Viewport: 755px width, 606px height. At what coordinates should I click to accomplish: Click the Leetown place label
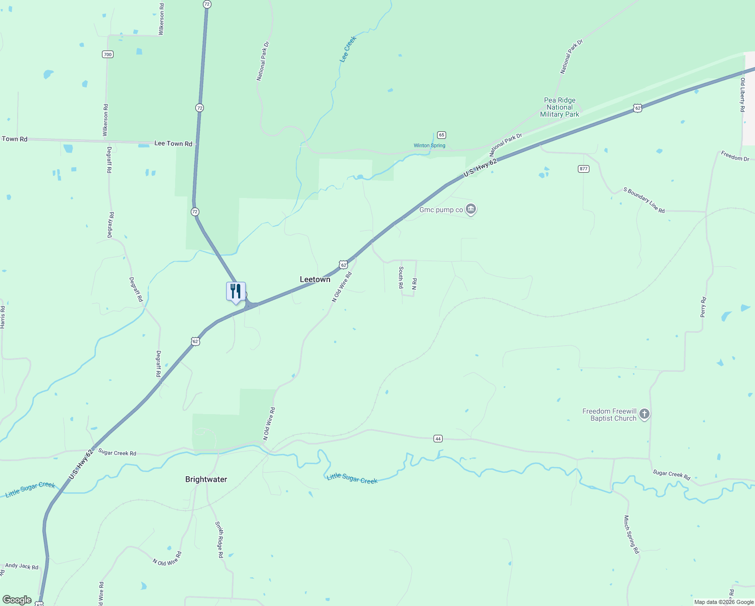click(315, 279)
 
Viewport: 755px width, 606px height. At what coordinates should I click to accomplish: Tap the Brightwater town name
click(206, 479)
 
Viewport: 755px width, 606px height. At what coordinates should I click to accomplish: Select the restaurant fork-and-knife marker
click(236, 292)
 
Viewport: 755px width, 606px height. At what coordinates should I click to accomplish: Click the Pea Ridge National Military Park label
click(560, 107)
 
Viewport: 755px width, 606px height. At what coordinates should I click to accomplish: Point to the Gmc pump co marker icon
click(471, 209)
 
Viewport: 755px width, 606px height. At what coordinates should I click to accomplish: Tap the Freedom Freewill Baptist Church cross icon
click(644, 415)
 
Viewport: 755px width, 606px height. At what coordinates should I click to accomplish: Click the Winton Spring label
click(429, 145)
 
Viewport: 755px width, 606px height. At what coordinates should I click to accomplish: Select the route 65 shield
click(442, 135)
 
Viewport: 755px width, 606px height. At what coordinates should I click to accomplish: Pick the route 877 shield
click(583, 169)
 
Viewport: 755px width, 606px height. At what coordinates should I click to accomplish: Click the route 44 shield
click(438, 439)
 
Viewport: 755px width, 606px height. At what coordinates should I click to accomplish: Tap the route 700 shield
click(107, 55)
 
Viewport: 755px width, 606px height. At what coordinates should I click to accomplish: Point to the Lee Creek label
click(348, 49)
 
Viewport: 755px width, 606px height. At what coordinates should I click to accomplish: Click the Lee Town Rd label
click(173, 143)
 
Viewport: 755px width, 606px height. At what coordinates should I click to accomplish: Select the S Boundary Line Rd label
click(644, 200)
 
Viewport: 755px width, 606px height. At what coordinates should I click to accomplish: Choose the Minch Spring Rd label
click(631, 534)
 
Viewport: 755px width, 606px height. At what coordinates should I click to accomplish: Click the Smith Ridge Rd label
click(220, 539)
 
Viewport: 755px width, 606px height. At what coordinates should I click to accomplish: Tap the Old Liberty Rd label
click(742, 94)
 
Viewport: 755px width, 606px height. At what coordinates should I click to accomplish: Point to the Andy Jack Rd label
click(22, 566)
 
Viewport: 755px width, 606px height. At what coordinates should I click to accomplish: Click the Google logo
click(17, 600)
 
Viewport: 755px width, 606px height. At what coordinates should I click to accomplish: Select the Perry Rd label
click(704, 307)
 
